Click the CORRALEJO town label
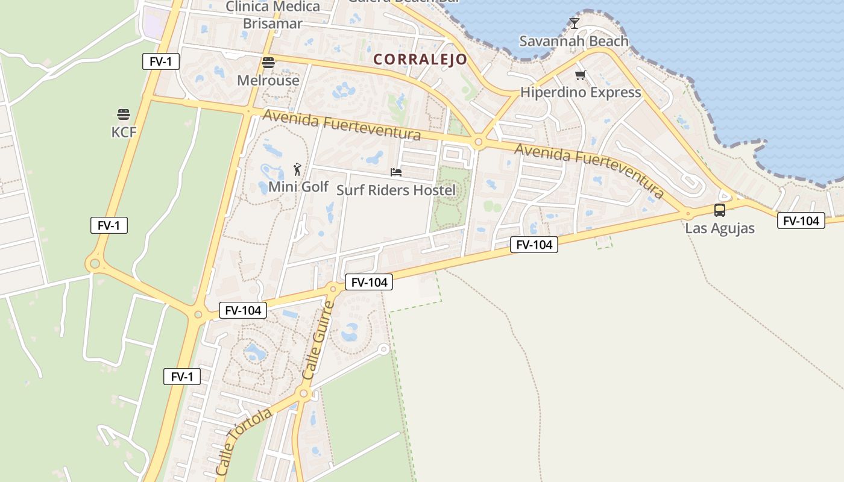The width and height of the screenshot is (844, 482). tap(420, 59)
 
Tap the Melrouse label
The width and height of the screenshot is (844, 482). tap(268, 80)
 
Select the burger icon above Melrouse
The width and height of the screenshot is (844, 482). tap(268, 62)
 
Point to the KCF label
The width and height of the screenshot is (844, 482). tap(124, 132)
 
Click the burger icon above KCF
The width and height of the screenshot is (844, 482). tap(124, 114)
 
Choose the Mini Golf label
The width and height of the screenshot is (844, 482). tap(298, 187)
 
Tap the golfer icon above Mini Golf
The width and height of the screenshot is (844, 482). tap(297, 169)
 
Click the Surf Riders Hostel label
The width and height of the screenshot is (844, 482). tap(396, 190)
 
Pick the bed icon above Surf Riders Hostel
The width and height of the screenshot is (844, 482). tap(396, 172)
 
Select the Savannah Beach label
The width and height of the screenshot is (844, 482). tap(574, 41)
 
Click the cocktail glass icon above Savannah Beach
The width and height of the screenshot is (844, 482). tap(574, 23)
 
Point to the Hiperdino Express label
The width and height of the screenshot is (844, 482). tap(581, 92)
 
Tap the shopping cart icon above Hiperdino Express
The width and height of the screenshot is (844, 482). tap(580, 75)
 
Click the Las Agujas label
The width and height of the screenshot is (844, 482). tap(720, 228)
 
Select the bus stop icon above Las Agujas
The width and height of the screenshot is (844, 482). tap(720, 210)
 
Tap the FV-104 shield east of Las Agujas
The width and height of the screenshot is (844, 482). tap(801, 221)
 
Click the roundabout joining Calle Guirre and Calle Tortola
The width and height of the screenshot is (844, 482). tap(304, 393)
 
